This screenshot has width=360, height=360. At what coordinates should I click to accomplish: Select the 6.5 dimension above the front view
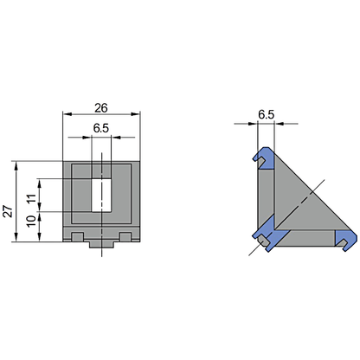[101, 128]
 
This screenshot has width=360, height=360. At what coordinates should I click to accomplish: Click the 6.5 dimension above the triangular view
[266, 114]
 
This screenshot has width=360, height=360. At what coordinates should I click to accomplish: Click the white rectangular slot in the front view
[102, 194]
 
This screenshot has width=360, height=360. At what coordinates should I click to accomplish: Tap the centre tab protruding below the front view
[102, 246]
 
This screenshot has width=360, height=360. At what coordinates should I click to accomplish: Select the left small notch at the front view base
[78, 236]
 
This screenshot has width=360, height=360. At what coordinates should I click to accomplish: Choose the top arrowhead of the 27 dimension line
[16, 164]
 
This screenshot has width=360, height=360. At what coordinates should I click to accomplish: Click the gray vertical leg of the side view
[265, 195]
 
